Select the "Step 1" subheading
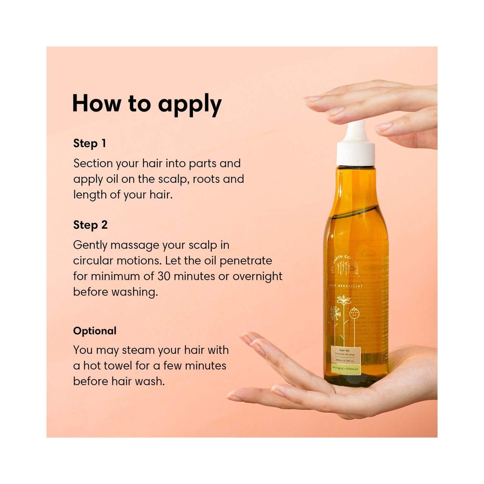pyautogui.click(x=89, y=143)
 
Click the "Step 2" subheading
pyautogui.click(x=90, y=225)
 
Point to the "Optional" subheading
pyautogui.click(x=95, y=331)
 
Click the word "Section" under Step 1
pyautogui.click(x=93, y=163)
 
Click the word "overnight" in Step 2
pyautogui.click(x=257, y=276)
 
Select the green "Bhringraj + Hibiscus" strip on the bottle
pyautogui.click(x=345, y=369)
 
